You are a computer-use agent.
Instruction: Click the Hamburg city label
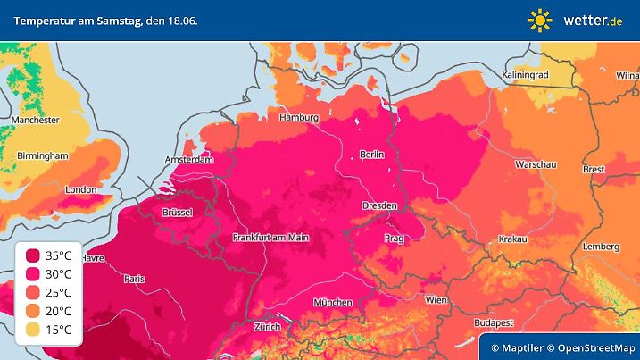(299, 118)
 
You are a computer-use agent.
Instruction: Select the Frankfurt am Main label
(270, 237)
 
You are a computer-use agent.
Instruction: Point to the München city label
(332, 303)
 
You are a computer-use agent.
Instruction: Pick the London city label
(80, 189)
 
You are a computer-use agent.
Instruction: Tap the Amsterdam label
(189, 160)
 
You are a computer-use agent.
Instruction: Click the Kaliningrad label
(525, 75)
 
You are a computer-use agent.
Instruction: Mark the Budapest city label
(491, 322)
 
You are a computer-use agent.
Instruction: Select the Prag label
(395, 239)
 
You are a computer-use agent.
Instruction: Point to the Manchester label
(36, 120)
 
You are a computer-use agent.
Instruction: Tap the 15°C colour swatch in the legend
(33, 331)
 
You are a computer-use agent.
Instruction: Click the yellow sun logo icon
(540, 20)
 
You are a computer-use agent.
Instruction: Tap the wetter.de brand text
(592, 20)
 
